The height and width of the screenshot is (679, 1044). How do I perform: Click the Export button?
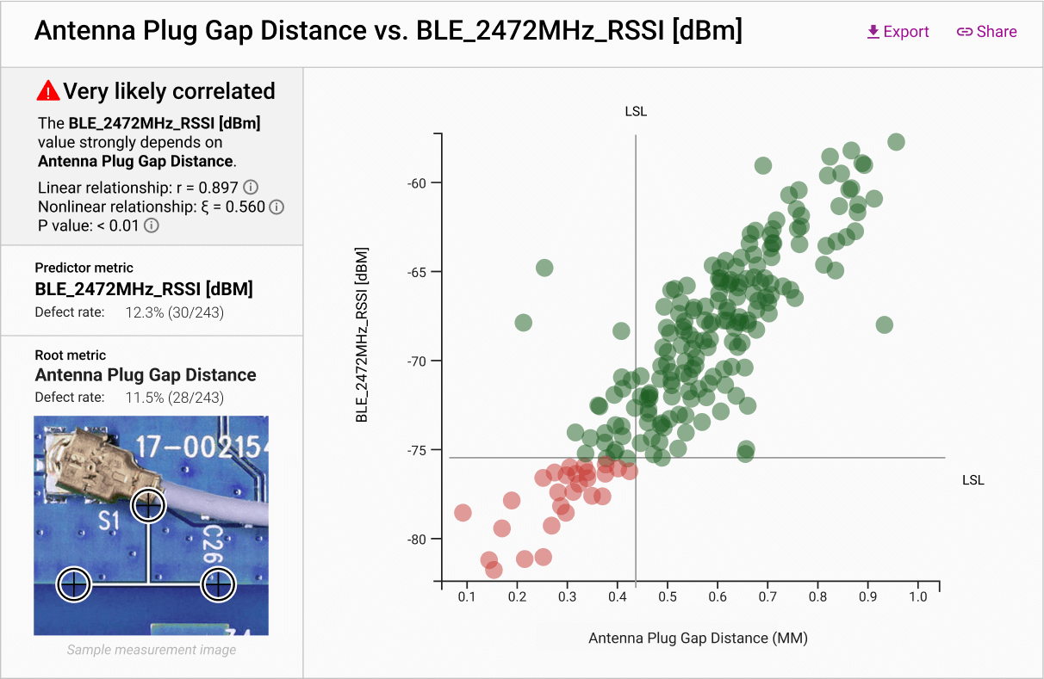point(898,32)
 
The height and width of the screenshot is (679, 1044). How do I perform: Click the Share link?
point(987,32)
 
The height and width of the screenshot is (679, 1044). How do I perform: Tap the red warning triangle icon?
point(48,90)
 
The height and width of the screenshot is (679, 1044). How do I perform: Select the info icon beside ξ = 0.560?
point(277,207)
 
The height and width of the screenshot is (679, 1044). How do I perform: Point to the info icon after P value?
point(152,225)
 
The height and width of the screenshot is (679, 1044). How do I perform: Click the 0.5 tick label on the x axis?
point(667,596)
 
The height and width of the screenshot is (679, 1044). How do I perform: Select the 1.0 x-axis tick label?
point(917,596)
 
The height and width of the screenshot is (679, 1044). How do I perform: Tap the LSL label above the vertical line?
point(636,112)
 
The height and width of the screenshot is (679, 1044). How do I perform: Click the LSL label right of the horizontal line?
point(973,480)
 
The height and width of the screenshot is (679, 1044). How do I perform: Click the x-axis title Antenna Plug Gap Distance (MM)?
point(698,638)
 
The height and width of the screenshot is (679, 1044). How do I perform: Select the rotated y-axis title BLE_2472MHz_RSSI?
point(363,336)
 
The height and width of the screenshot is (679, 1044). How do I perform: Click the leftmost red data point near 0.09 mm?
point(463,513)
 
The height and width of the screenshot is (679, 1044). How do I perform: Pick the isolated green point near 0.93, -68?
point(884,325)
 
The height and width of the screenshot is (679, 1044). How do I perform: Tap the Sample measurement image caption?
point(152,650)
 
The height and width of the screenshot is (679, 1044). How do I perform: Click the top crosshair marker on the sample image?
point(148,505)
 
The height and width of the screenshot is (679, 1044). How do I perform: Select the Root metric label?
point(71,355)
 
